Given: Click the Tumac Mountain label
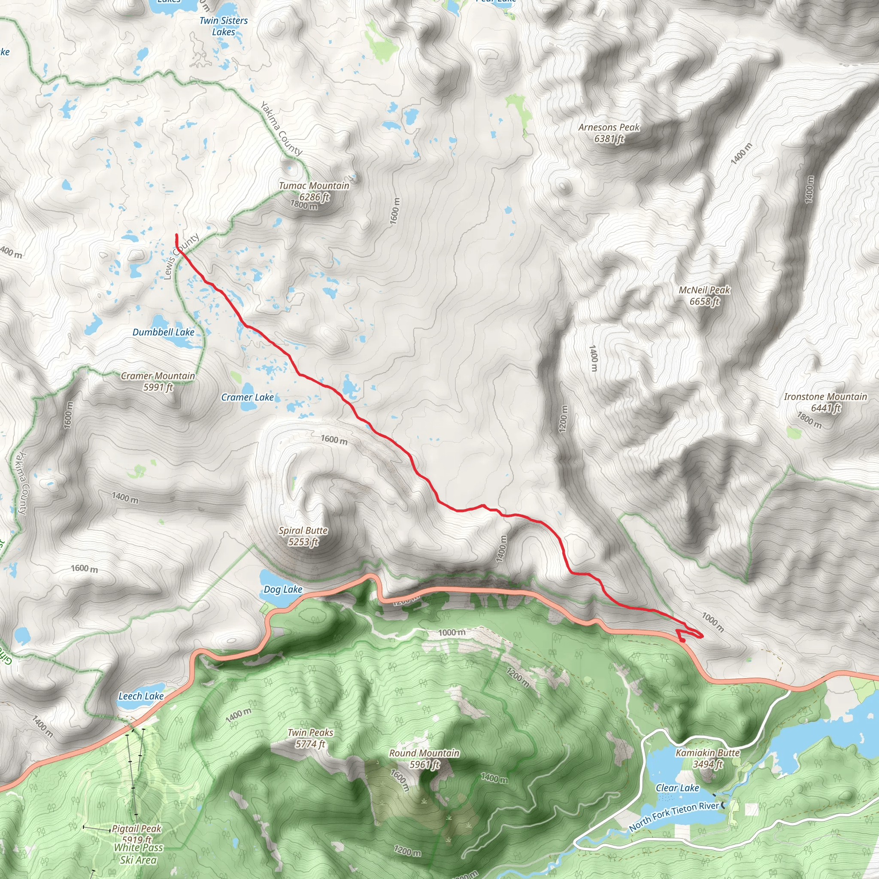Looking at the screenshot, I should (x=314, y=191).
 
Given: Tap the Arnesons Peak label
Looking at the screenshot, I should (x=609, y=133).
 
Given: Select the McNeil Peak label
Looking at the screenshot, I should (x=704, y=295).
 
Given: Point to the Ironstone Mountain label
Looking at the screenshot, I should (x=825, y=402).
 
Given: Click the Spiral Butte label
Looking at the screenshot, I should (x=303, y=536).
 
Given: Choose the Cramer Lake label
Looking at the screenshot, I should (x=248, y=397).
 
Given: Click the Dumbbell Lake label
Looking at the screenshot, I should (x=164, y=332).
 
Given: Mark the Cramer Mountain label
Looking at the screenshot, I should (x=158, y=381).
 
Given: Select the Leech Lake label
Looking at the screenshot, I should (x=141, y=696).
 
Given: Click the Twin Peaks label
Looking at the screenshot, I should (x=310, y=738).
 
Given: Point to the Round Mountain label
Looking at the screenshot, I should (x=424, y=758).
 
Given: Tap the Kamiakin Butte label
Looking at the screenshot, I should (x=707, y=758).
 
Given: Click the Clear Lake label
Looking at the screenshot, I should (x=677, y=788).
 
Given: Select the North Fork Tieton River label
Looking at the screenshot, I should (x=674, y=816).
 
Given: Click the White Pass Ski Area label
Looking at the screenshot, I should (x=138, y=854).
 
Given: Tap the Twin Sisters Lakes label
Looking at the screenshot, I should (x=223, y=26).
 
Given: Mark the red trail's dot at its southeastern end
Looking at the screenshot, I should (x=682, y=640).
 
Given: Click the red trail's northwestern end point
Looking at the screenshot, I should (x=176, y=234).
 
